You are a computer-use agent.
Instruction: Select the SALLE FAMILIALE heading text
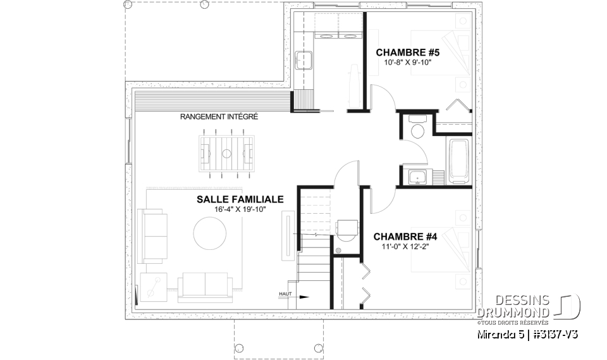(240, 199)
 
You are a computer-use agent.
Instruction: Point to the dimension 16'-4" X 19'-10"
(240, 209)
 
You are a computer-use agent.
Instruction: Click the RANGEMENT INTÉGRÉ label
(219, 117)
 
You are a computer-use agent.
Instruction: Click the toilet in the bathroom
(417, 130)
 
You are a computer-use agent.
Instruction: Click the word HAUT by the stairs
(284, 294)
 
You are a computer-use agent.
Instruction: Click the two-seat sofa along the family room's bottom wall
(204, 285)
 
